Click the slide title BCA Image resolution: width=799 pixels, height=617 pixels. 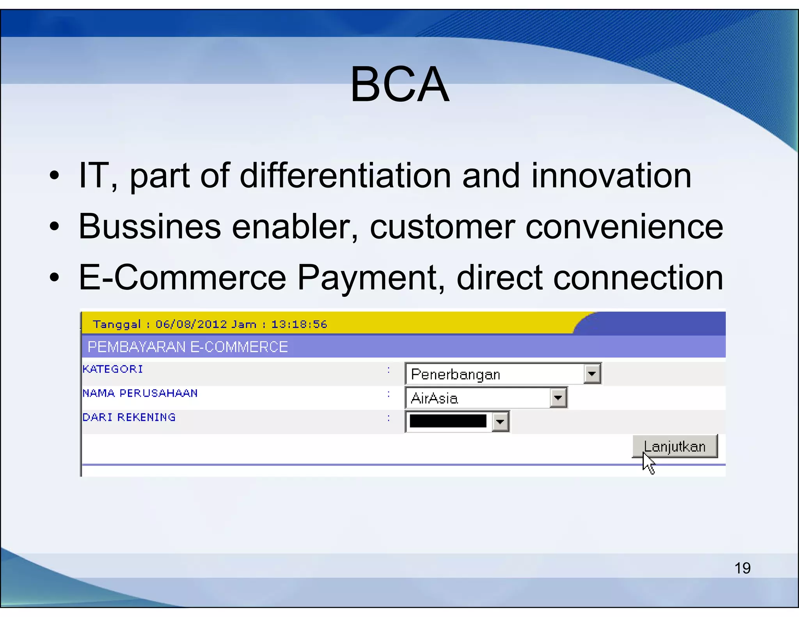[399, 84]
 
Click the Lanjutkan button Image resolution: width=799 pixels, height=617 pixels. [675, 446]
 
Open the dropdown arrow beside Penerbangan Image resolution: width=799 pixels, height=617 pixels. [592, 374]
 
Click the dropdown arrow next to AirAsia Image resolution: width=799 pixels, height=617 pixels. [558, 398]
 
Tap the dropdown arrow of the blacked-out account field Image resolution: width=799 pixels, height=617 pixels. [500, 422]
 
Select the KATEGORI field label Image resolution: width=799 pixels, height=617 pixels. [113, 369]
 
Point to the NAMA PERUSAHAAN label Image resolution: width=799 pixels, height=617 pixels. [140, 393]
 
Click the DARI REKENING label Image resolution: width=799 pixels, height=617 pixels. [129, 417]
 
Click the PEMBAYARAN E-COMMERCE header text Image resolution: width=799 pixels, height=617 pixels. [188, 347]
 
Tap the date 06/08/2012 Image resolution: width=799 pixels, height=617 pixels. [191, 324]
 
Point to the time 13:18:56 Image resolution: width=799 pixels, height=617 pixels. [299, 324]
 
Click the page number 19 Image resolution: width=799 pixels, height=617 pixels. [742, 568]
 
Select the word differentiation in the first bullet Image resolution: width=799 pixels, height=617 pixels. [345, 176]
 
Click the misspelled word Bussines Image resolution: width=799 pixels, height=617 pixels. [150, 227]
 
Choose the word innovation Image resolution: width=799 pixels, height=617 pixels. [611, 176]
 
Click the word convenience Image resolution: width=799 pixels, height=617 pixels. [624, 227]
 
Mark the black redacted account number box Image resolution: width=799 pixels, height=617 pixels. [448, 421]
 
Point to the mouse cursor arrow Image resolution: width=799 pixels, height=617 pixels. [648, 464]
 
